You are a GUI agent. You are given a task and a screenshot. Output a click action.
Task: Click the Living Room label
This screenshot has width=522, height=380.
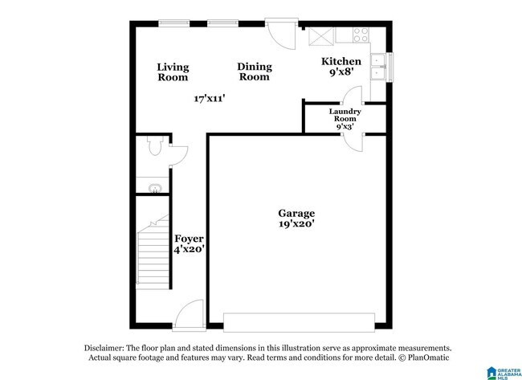click(x=172, y=72)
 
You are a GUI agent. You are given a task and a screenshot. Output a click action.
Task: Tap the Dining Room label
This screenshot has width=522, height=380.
click(x=255, y=72)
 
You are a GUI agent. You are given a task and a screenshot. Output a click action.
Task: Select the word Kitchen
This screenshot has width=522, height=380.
click(x=341, y=62)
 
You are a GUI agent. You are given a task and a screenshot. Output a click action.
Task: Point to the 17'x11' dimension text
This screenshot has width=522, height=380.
click(x=209, y=99)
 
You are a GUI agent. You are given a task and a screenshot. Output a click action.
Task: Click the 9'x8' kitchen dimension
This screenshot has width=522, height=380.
click(x=341, y=72)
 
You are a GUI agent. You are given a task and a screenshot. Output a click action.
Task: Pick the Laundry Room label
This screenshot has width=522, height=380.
click(x=345, y=116)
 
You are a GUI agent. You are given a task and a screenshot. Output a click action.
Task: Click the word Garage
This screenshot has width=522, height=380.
click(x=296, y=213)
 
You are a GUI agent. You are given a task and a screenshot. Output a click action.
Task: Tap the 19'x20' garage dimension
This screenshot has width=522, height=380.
click(x=296, y=225)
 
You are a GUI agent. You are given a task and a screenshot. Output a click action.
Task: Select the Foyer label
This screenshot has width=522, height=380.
click(x=190, y=239)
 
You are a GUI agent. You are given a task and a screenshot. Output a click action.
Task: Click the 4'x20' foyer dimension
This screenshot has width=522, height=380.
click(x=190, y=250)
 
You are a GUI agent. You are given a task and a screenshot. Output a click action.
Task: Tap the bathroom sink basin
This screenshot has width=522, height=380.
click(x=152, y=188)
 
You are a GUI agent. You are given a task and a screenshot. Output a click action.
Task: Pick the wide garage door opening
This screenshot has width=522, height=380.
click(x=298, y=323)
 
